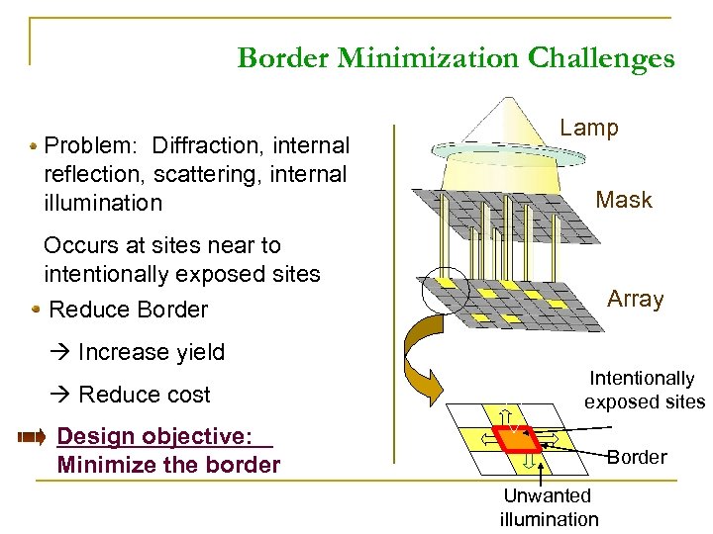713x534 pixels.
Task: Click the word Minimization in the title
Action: (x=427, y=58)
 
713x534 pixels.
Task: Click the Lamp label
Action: (x=589, y=128)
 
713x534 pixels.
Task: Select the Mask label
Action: (x=624, y=200)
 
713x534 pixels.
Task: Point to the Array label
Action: (x=635, y=299)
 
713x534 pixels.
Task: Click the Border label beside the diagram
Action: (x=637, y=457)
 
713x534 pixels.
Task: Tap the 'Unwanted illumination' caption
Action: (x=549, y=507)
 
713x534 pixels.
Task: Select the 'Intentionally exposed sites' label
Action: (x=644, y=390)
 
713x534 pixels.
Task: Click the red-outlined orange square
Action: (x=520, y=436)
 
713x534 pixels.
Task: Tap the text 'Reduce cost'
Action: (x=144, y=395)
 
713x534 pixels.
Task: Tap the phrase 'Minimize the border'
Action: (x=168, y=465)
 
